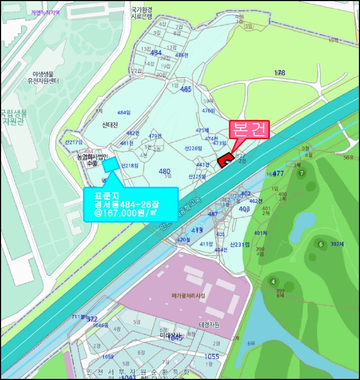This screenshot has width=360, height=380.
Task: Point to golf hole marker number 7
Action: (301, 173)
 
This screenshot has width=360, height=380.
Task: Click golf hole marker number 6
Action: (320, 244)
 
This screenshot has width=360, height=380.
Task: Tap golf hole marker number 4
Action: (273, 281)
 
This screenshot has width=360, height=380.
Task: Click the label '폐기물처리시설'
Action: (187, 296)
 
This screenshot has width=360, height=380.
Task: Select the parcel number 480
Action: (164, 172)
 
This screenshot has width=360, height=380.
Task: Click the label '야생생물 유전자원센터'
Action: (45, 77)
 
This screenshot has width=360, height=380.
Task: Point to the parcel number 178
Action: (280, 72)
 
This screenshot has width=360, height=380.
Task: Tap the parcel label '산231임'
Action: (239, 245)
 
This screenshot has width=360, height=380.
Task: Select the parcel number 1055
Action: (211, 356)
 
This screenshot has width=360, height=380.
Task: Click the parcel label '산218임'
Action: (130, 166)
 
